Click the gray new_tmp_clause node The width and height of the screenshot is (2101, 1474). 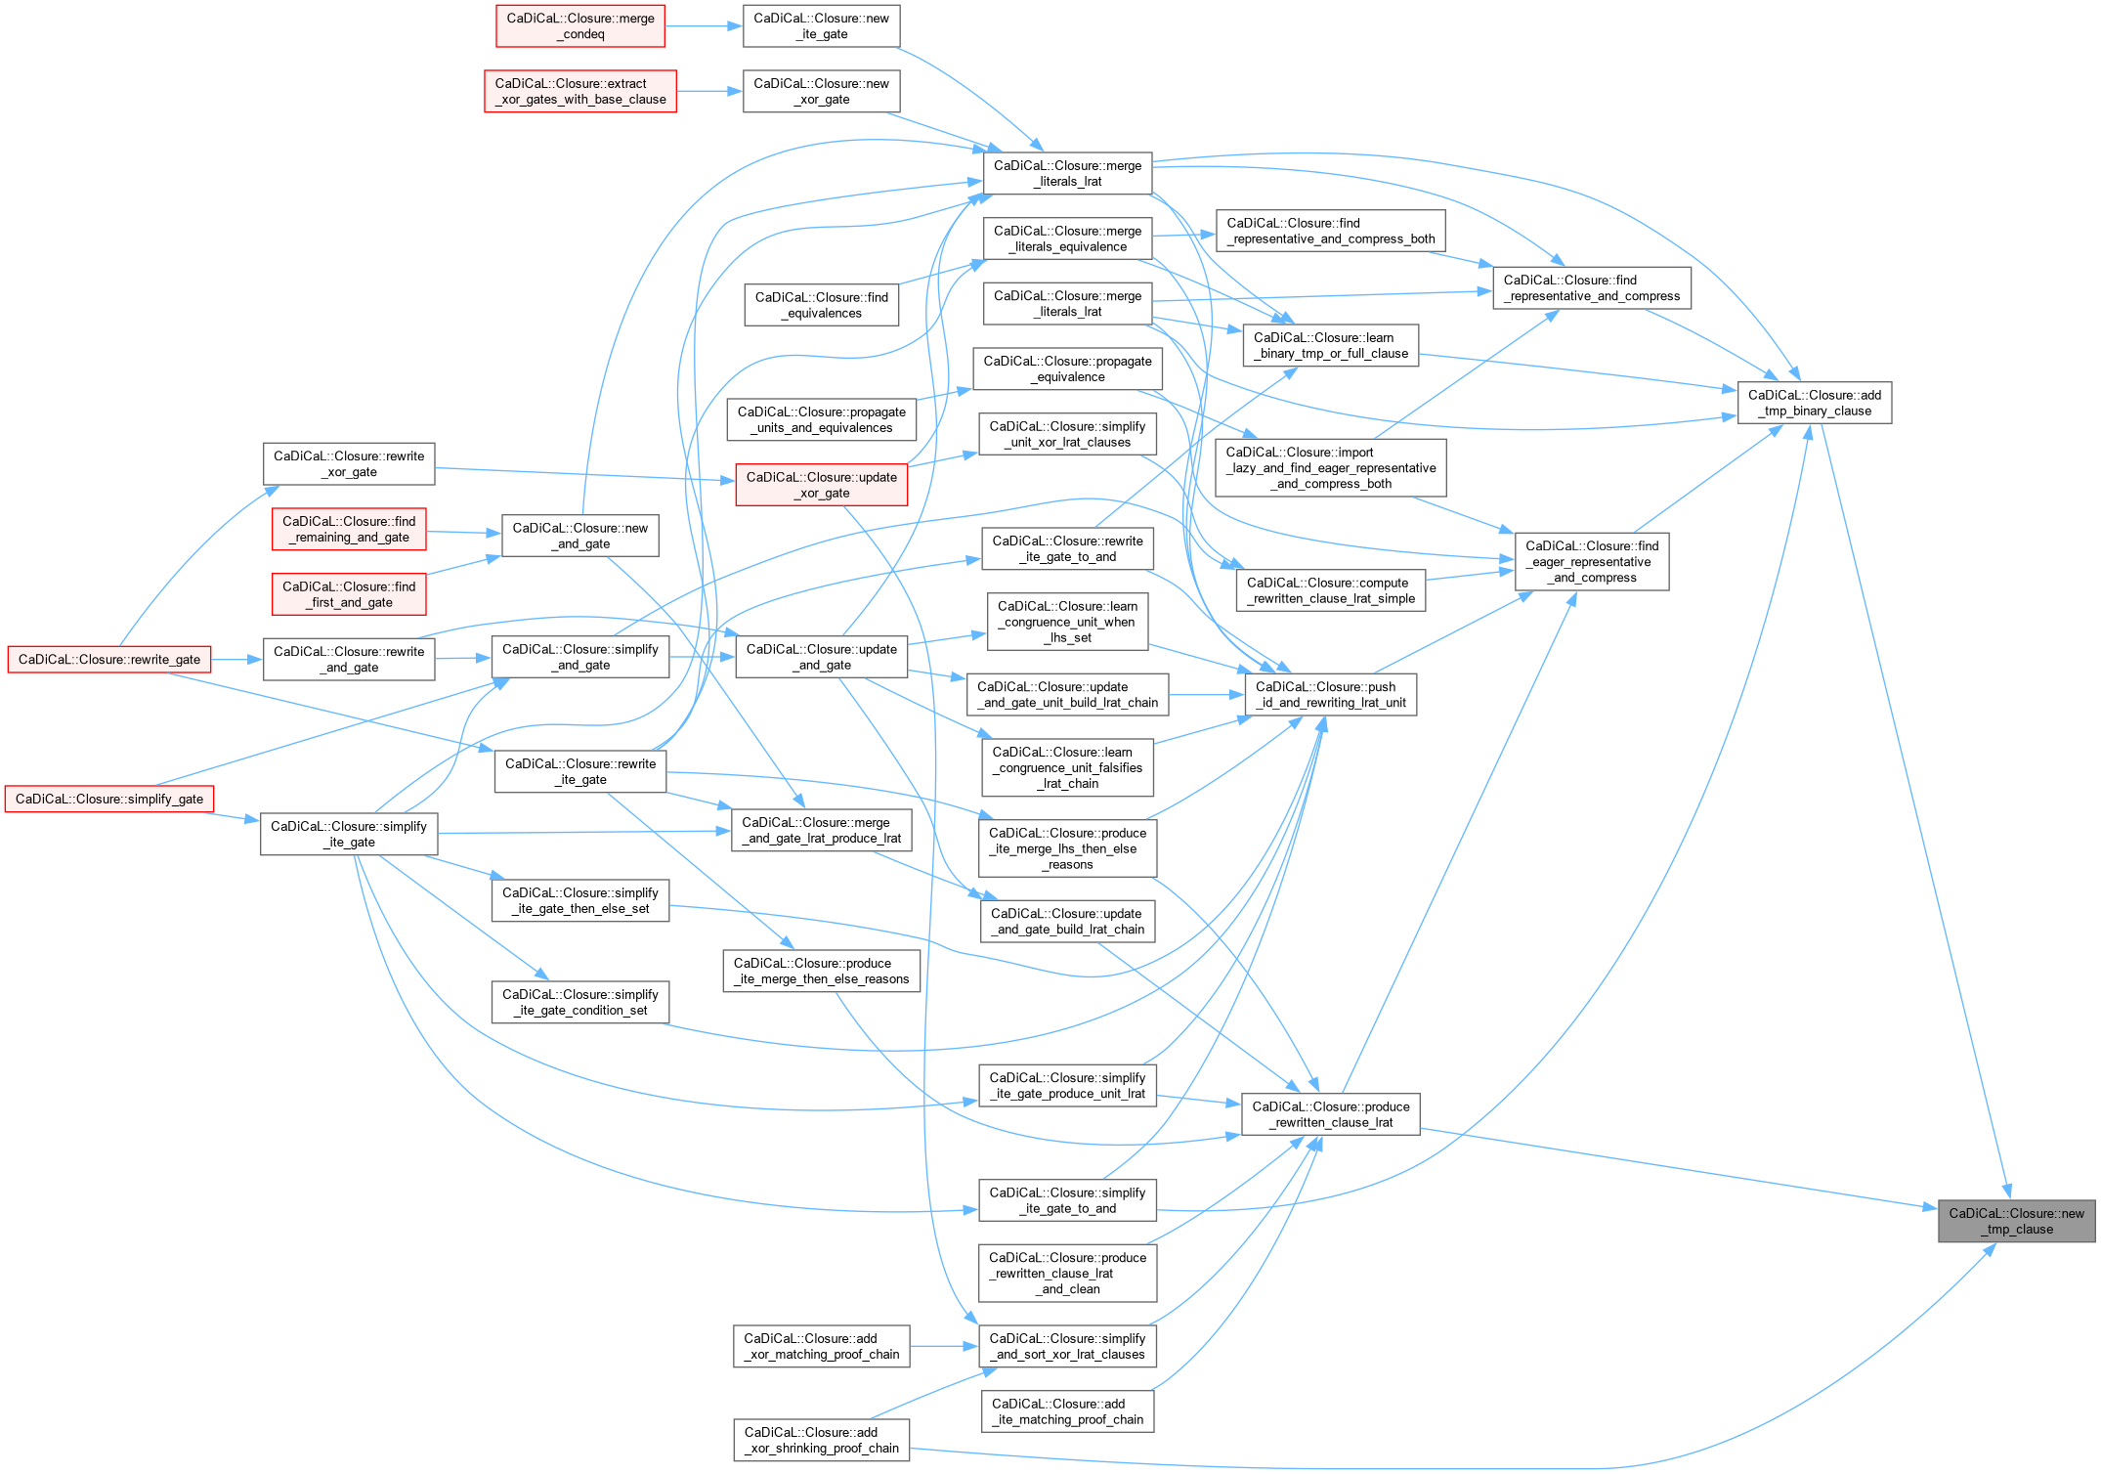pyautogui.click(x=2016, y=1221)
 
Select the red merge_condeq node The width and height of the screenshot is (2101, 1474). pyautogui.click(x=580, y=26)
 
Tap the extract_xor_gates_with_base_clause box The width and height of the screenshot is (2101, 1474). pyautogui.click(x=580, y=92)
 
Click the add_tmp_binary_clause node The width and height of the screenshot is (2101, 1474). pyautogui.click(x=1814, y=403)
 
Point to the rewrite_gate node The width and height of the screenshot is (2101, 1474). pyautogui.click(x=109, y=660)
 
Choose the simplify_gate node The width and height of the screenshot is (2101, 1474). pyautogui.click(x=109, y=800)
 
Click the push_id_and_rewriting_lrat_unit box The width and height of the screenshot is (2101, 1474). pyautogui.click(x=1330, y=695)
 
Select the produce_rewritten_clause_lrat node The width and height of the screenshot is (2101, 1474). pyautogui.click(x=1330, y=1114)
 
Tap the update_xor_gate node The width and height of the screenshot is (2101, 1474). pyautogui.click(x=821, y=485)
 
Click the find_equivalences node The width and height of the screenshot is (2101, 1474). pyautogui.click(x=821, y=305)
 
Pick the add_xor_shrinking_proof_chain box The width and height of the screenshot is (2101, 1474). pyautogui.click(x=821, y=1440)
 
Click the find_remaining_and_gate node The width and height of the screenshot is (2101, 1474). pyautogui.click(x=349, y=530)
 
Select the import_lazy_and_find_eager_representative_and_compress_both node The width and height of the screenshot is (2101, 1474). pyautogui.click(x=1330, y=468)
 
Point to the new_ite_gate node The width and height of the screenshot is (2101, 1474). pyautogui.click(x=821, y=26)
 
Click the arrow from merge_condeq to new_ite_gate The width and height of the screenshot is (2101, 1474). pyautogui.click(x=704, y=26)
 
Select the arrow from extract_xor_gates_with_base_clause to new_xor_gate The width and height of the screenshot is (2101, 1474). pyautogui.click(x=709, y=92)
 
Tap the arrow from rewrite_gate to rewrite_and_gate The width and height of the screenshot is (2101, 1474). pyautogui.click(x=237, y=660)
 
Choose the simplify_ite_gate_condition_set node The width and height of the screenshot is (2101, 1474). pyautogui.click(x=579, y=1003)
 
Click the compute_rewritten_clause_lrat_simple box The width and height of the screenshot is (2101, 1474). pyautogui.click(x=1330, y=590)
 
